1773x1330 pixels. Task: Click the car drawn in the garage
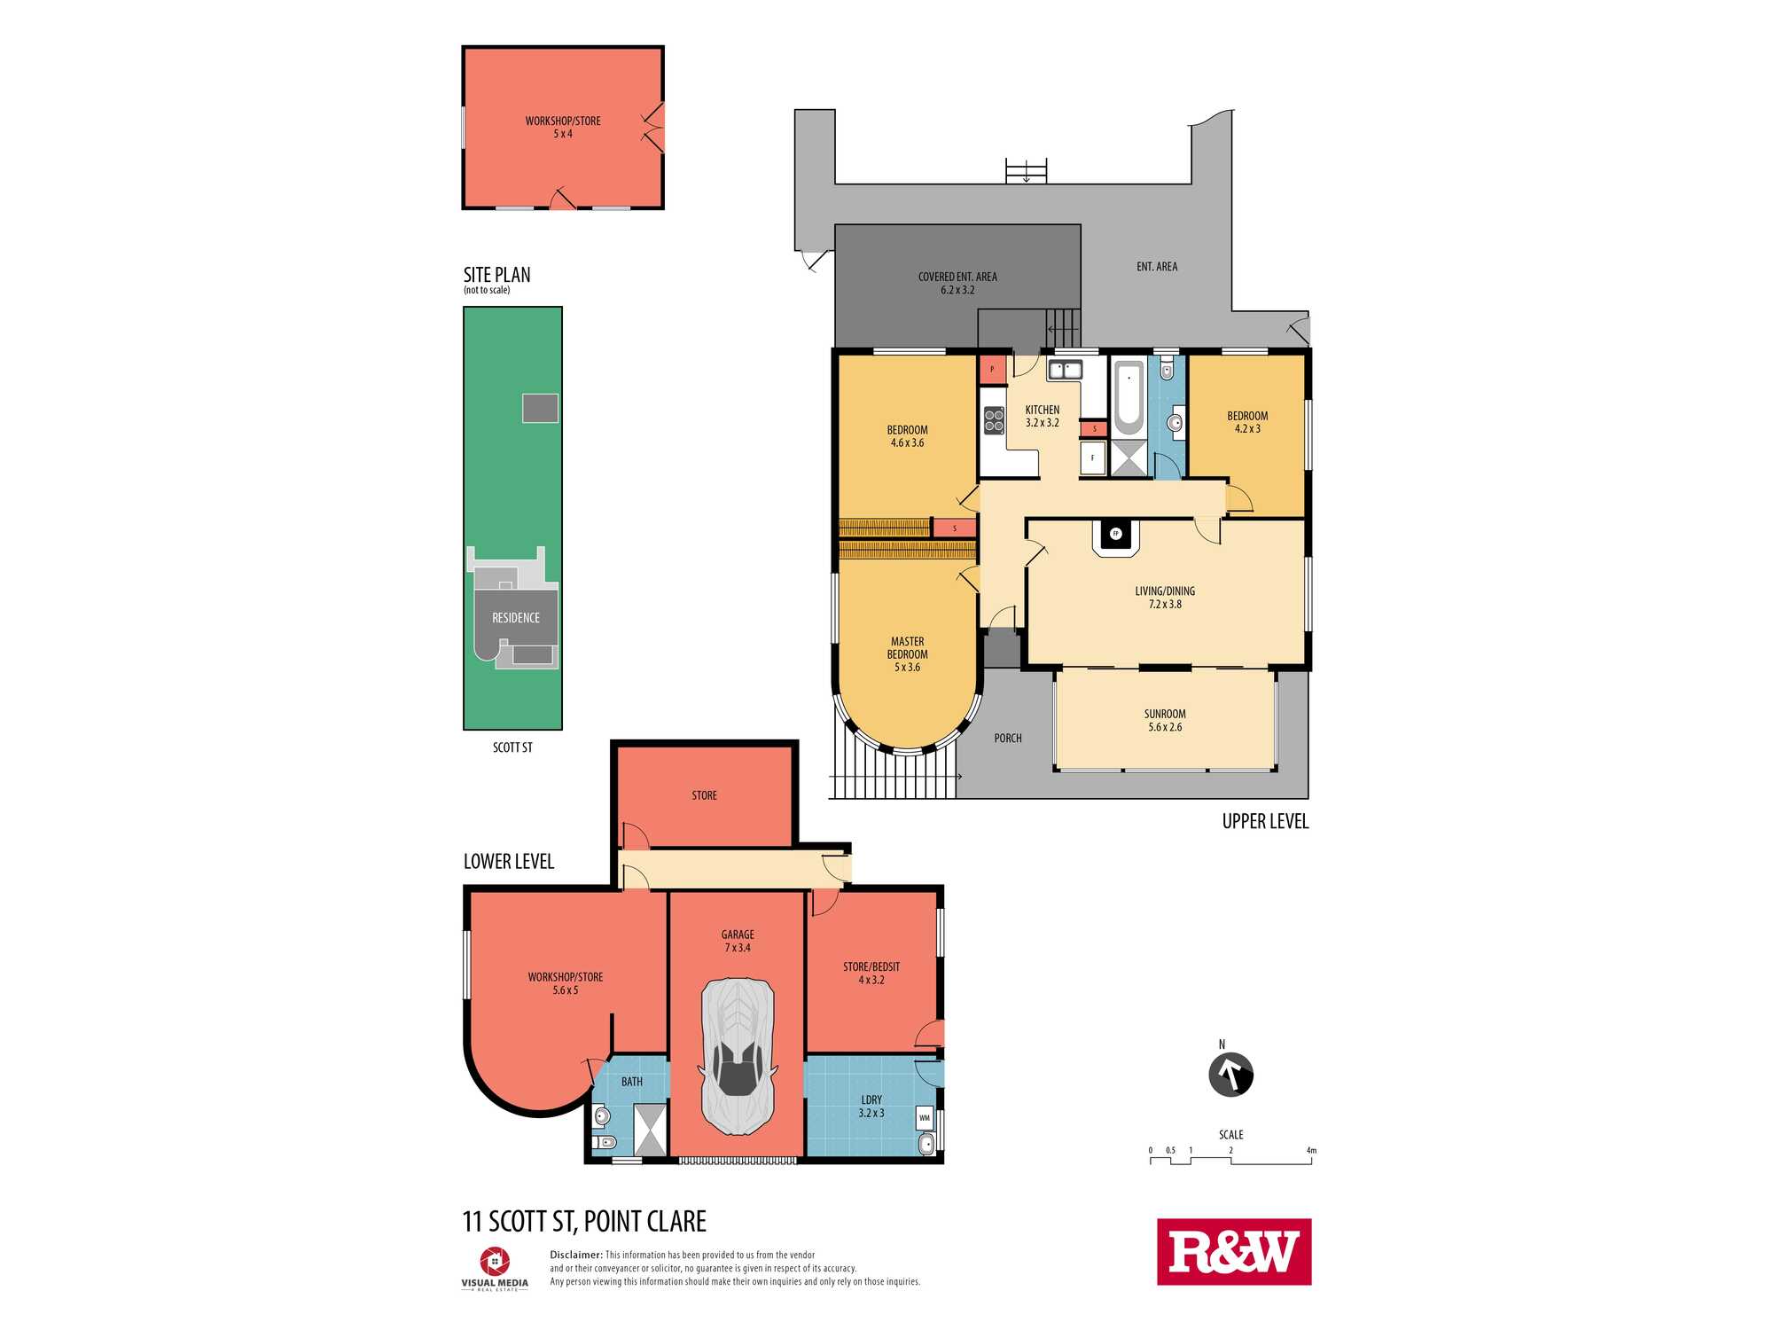pyautogui.click(x=738, y=1056)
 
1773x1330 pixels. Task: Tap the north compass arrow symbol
pyautogui.click(x=1230, y=1075)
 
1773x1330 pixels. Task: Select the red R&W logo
pyautogui.click(x=1234, y=1251)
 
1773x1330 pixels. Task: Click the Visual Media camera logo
pyautogui.click(x=495, y=1261)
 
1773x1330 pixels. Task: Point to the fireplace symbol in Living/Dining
pyautogui.click(x=1116, y=534)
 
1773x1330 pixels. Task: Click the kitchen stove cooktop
pyautogui.click(x=994, y=420)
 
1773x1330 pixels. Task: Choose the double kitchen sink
pyautogui.click(x=1065, y=370)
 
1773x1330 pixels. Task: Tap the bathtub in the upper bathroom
pyautogui.click(x=1129, y=396)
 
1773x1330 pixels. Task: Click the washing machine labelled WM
pyautogui.click(x=925, y=1118)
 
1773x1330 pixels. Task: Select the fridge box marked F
pyautogui.click(x=1092, y=458)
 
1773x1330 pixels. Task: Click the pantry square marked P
pyautogui.click(x=992, y=370)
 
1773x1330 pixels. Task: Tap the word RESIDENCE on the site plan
pyautogui.click(x=516, y=618)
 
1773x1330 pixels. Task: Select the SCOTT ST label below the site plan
pyautogui.click(x=512, y=747)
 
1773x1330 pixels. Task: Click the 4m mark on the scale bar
pyautogui.click(x=1311, y=1151)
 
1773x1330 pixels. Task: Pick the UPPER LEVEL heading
pyautogui.click(x=1265, y=822)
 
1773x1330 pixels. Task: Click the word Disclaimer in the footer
pyautogui.click(x=576, y=1255)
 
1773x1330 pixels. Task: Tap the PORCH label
pyautogui.click(x=1008, y=739)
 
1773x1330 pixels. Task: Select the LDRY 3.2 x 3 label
pyautogui.click(x=871, y=1107)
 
